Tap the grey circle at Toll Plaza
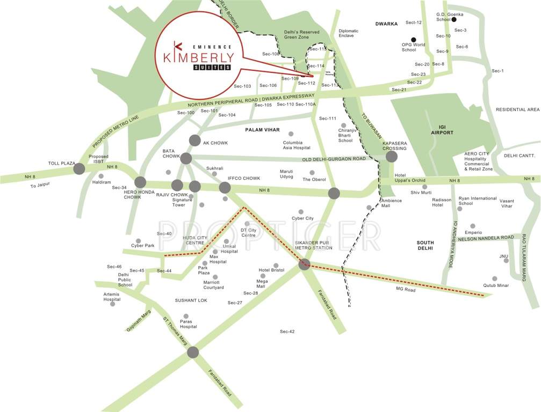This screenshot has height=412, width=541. click(79, 169)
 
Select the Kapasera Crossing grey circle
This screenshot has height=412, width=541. click(391, 157)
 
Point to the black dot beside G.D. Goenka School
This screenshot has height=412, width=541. click(454, 19)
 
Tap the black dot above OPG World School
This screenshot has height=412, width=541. click(413, 39)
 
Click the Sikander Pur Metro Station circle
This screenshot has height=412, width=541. click(305, 264)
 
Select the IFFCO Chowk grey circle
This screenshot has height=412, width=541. click(225, 187)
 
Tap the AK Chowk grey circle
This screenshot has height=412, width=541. click(194, 141)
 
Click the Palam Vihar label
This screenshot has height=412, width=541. click(260, 130)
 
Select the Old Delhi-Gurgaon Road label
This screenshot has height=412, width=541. click(334, 159)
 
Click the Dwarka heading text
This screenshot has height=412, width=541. click(386, 24)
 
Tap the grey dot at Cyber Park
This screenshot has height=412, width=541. click(138, 241)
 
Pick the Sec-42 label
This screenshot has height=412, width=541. click(287, 332)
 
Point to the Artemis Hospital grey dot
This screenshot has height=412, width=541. click(112, 304)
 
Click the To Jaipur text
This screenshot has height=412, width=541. click(41, 186)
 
